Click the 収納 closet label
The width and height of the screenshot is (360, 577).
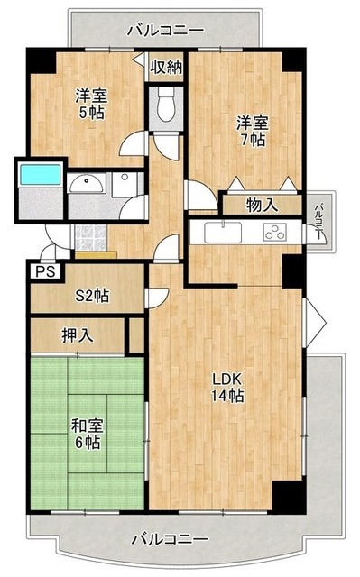(x=167, y=66)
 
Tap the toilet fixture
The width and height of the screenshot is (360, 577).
(x=166, y=108)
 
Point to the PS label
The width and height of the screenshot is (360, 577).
(x=42, y=270)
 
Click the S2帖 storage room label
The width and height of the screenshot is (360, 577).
(x=92, y=295)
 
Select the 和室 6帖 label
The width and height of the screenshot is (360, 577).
(x=88, y=432)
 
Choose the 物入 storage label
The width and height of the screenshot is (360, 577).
(x=262, y=205)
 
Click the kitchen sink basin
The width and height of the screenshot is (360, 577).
(x=219, y=233)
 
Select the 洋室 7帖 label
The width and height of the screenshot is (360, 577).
(x=252, y=130)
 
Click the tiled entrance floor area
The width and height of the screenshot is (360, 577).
(x=88, y=237)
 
